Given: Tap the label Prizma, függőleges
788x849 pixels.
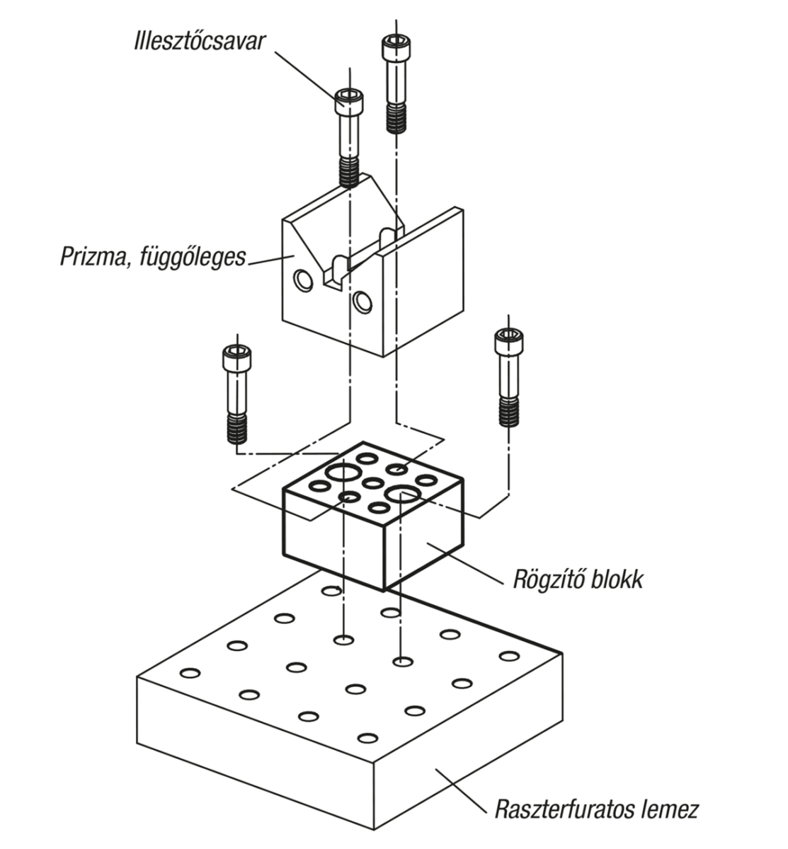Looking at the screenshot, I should pyautogui.click(x=153, y=255).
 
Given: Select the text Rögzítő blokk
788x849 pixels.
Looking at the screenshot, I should pyautogui.click(x=578, y=580).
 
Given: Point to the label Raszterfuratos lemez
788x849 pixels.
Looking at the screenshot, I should pyautogui.click(x=597, y=808).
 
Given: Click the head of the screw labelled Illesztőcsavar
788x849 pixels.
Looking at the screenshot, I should pyautogui.click(x=350, y=103).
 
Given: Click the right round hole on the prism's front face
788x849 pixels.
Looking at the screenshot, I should pyautogui.click(x=363, y=302).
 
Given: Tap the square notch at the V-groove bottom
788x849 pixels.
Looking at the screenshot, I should pyautogui.click(x=333, y=279).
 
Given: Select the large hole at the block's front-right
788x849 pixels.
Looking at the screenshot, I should pyautogui.click(x=402, y=493).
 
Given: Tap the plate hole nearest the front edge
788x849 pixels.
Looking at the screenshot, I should pyautogui.click(x=367, y=739).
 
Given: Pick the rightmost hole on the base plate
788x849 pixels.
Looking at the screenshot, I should pyautogui.click(x=508, y=656).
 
